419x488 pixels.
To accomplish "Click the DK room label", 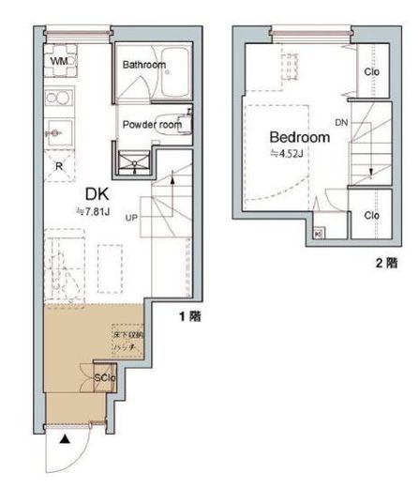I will (x=97, y=193).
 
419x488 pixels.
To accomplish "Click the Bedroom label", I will (x=300, y=137).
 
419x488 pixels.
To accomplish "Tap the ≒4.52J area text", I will (x=286, y=155).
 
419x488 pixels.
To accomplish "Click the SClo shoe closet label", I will (x=104, y=379).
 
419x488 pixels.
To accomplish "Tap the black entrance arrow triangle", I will (x=64, y=438).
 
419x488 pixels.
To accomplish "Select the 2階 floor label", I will (x=385, y=264).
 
